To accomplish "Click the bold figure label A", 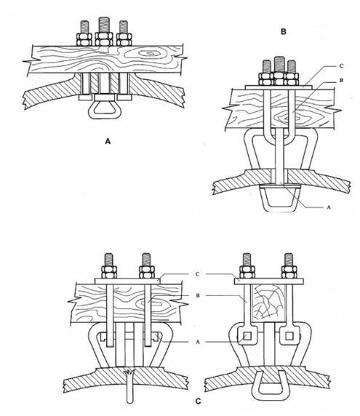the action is (108, 141).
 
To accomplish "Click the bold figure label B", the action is (284, 32).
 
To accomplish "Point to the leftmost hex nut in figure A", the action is (84, 39).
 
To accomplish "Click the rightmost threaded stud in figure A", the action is (124, 27).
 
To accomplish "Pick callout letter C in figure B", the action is (341, 65).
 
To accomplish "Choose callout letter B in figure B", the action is (341, 80).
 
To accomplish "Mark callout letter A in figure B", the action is (329, 207).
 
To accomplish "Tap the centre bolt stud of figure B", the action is (279, 64).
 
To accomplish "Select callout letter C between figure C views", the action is (197, 274).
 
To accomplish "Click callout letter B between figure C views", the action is (197, 295).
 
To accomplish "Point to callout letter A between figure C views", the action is (197, 342).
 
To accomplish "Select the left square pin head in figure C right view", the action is (247, 337).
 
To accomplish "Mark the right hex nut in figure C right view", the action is (289, 272).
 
